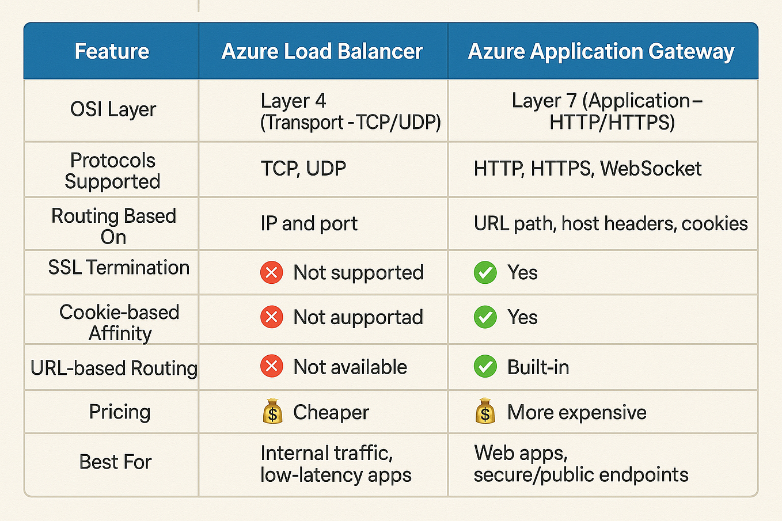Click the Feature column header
coord(112,51)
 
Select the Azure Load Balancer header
coord(322,51)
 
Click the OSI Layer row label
coord(113,109)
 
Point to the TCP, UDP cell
coord(303,169)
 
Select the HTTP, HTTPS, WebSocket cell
coord(587,169)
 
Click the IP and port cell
coord(309,223)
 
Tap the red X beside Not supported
coord(271,272)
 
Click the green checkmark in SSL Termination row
coord(485,272)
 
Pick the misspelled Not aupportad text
coord(358,317)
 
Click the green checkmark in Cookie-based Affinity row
coord(485,317)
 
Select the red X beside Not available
coord(271,367)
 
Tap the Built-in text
coord(538,367)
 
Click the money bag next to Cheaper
coord(272,412)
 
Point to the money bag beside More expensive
coord(485,412)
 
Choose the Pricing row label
coord(120,412)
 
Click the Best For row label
coord(115,462)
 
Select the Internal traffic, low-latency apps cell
coord(336,464)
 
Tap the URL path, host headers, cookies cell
coord(610,223)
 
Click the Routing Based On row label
coord(113,226)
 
